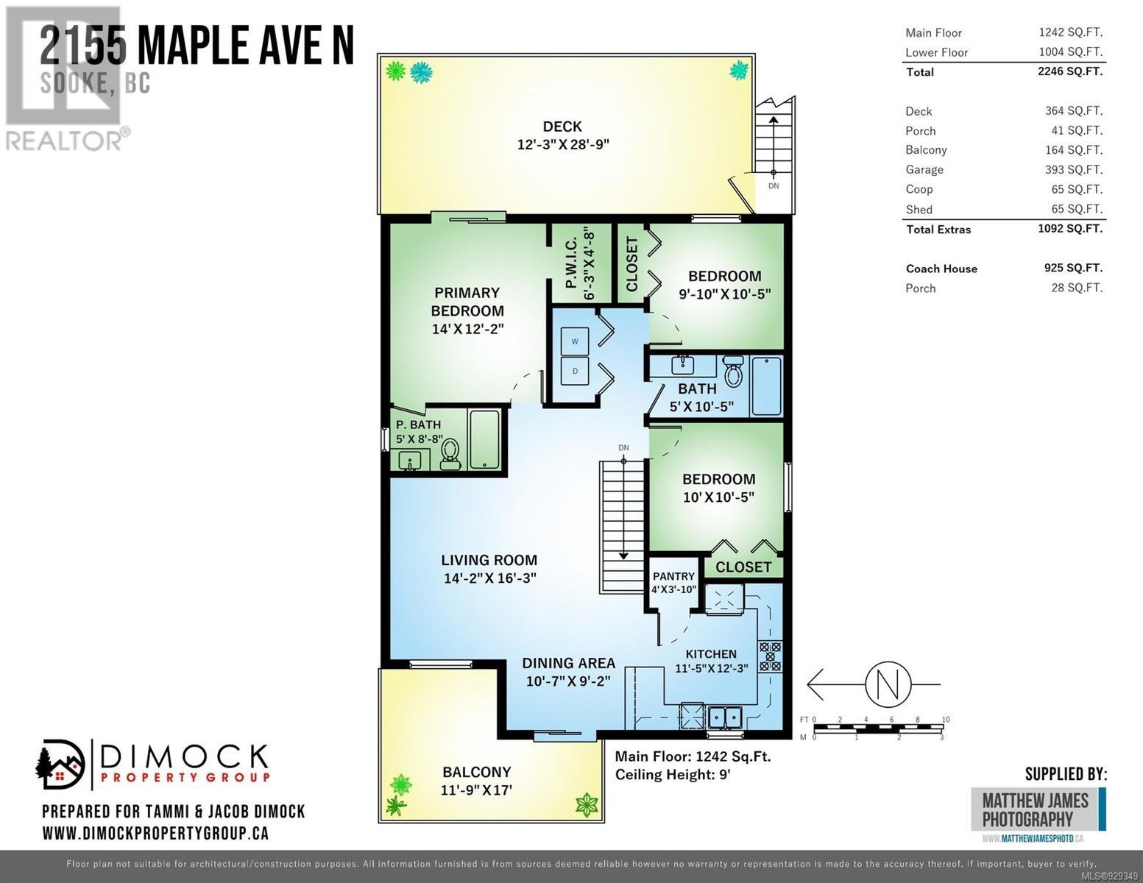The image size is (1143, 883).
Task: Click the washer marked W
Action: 574,341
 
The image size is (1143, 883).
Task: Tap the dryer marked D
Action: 574,372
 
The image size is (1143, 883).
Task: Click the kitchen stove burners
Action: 770,656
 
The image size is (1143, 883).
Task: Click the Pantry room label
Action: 674,576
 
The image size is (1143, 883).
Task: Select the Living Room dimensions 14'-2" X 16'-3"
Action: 489,578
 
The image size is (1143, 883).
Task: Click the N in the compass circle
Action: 888,685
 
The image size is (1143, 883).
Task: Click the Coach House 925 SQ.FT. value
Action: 1073,268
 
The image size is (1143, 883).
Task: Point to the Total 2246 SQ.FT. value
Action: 1070,71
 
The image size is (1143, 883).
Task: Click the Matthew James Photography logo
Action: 1038,810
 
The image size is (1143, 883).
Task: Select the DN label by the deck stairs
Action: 774,185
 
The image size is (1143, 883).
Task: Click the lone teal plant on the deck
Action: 739,70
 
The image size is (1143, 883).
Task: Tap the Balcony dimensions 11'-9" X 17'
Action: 476,790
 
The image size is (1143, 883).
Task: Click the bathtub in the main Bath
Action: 766,386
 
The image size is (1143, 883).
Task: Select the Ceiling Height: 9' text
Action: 673,775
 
